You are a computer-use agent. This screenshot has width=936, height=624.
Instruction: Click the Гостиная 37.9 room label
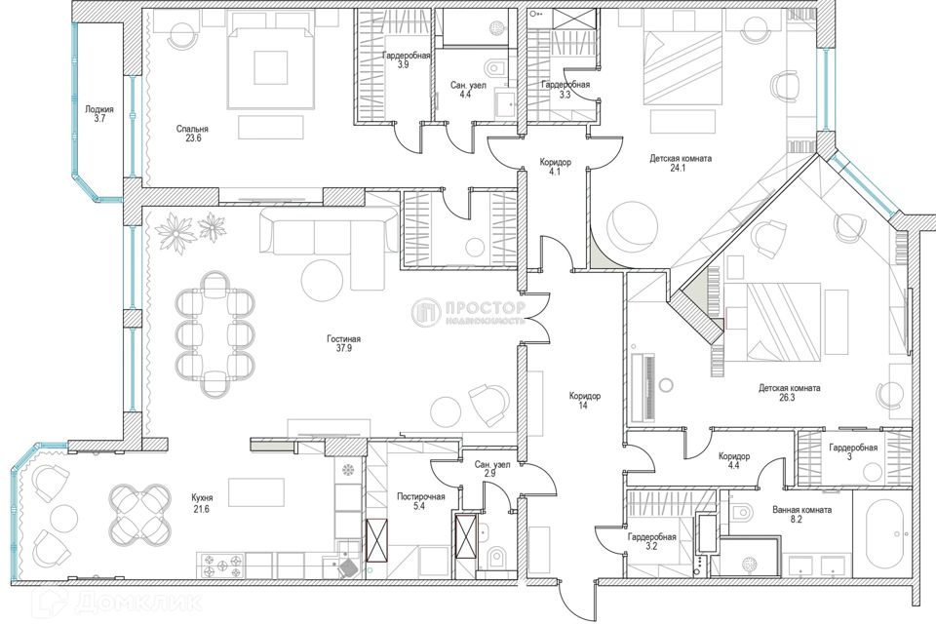pyautogui.click(x=343, y=343)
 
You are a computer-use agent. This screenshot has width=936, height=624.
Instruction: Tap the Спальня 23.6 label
pyautogui.click(x=192, y=134)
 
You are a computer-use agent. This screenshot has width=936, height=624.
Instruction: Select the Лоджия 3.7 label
pyautogui.click(x=99, y=114)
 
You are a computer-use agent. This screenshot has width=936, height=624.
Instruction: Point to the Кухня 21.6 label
pyautogui.click(x=202, y=502)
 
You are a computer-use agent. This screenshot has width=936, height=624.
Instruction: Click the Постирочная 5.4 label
pyautogui.click(x=421, y=501)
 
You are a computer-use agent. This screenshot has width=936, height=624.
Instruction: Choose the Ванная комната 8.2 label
pyautogui.click(x=801, y=515)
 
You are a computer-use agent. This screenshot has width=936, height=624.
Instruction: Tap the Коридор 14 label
pyautogui.click(x=584, y=400)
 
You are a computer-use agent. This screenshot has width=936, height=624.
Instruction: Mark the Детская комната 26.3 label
pyautogui.click(x=789, y=392)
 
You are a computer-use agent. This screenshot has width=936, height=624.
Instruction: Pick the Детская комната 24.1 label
pyautogui.click(x=681, y=163)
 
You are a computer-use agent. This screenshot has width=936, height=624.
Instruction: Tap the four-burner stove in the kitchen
pyautogui.click(x=223, y=565)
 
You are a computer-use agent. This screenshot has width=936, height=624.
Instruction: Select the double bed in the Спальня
pyautogui.click(x=271, y=66)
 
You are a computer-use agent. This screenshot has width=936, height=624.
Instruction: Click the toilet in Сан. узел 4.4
pyautogui.click(x=495, y=67)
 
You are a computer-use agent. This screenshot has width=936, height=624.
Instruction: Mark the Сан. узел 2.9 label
pyautogui.click(x=492, y=469)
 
